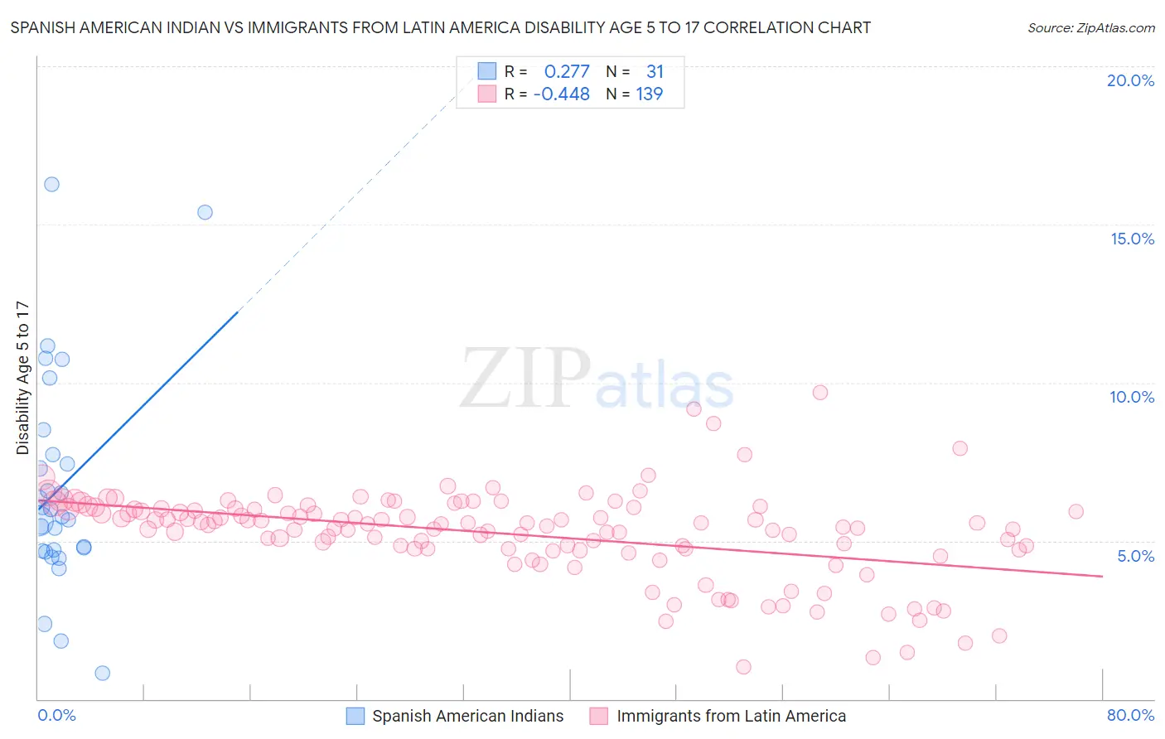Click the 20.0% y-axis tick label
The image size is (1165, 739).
tap(1130, 80)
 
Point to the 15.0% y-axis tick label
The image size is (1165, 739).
tap(1132, 239)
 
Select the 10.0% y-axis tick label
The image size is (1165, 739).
tap(1132, 397)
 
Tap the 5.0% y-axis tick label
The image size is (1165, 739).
tap(1135, 556)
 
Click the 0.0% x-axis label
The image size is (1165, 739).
tap(56, 715)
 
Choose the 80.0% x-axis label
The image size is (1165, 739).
tap(1130, 715)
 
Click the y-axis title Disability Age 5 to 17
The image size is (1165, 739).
tap(22, 378)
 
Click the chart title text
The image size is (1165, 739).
tap(440, 27)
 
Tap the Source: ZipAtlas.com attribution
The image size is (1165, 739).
tap(1090, 27)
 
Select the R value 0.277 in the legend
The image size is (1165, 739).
tap(567, 71)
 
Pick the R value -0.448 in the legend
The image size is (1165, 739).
tap(562, 94)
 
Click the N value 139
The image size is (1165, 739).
tap(649, 94)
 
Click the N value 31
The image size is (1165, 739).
tap(655, 71)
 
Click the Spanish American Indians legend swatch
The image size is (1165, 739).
tap(355, 716)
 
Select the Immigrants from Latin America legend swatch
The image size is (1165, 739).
tap(599, 716)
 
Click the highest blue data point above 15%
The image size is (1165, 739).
tap(51, 184)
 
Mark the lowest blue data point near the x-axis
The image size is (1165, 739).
tap(103, 673)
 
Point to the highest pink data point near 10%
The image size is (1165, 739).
tap(820, 393)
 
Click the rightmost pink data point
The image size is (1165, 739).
tap(1076, 511)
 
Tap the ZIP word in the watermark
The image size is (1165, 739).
tap(525, 379)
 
